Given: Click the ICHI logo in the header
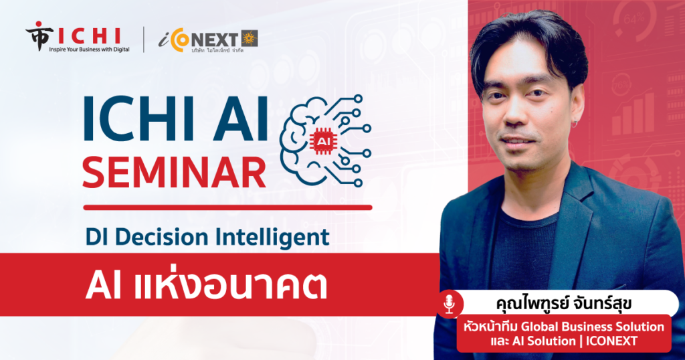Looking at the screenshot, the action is [x=78, y=37].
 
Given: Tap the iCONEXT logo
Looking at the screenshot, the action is [x=208, y=41].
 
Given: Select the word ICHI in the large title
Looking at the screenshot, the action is [x=138, y=118].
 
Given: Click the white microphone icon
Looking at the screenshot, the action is [x=449, y=304].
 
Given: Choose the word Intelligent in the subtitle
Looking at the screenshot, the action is [x=272, y=238].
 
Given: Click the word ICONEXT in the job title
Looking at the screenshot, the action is [x=611, y=341].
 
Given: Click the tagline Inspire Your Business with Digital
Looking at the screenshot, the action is [x=89, y=50].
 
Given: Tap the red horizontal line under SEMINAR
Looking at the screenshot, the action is [x=227, y=207].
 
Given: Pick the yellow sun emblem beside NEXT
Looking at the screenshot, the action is [x=250, y=38].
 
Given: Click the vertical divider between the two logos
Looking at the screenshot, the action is [x=144, y=39].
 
